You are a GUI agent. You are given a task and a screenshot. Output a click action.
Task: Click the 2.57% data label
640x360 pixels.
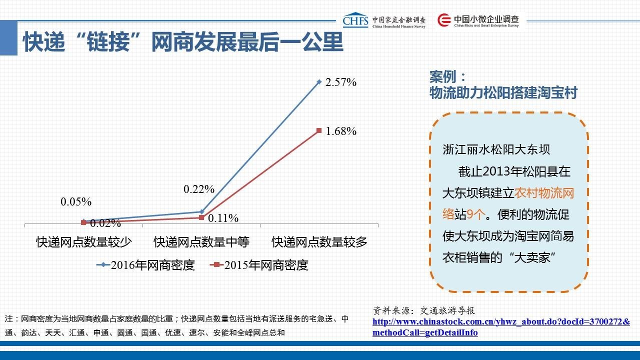[341, 82]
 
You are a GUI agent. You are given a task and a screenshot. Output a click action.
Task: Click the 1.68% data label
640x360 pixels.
[341, 131]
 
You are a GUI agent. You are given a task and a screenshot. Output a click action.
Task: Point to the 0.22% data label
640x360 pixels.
[199, 189]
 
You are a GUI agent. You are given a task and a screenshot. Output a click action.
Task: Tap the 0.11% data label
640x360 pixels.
[223, 218]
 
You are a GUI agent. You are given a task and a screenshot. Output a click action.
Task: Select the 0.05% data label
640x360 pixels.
[76, 201]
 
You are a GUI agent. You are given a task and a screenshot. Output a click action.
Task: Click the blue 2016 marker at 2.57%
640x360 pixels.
[319, 82]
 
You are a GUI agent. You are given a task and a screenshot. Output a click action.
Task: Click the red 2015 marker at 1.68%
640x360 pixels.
[319, 130]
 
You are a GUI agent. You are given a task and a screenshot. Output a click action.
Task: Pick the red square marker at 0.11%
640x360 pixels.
[201, 217]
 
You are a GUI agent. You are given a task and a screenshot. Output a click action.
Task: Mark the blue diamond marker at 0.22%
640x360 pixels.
[201, 211]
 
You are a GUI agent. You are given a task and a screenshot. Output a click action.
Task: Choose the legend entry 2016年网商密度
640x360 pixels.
[145, 265]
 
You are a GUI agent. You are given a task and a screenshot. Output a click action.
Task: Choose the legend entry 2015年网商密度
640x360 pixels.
[259, 265]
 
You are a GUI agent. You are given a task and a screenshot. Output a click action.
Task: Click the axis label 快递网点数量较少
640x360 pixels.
[83, 242]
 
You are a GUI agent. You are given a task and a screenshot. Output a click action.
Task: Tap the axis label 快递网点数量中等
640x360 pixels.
[201, 242]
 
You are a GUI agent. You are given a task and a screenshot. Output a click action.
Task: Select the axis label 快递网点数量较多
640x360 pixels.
[319, 242]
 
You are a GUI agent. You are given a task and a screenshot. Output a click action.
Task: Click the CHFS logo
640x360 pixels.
[355, 20]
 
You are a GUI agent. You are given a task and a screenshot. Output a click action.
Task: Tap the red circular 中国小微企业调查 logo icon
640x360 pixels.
[444, 20]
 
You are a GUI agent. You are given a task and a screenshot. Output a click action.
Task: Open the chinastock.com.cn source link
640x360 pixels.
[501, 327]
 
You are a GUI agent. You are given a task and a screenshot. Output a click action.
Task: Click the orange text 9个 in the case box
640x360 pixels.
[475, 214]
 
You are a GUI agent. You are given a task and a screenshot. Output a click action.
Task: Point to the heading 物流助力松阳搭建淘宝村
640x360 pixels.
[503, 92]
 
